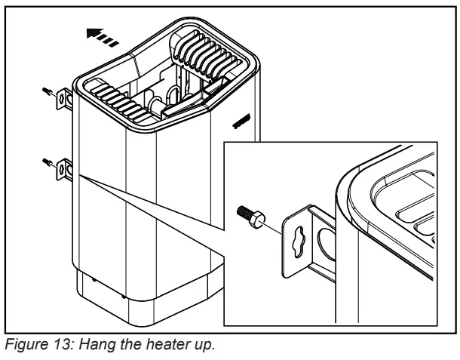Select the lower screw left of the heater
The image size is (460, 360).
(x=48, y=161)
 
